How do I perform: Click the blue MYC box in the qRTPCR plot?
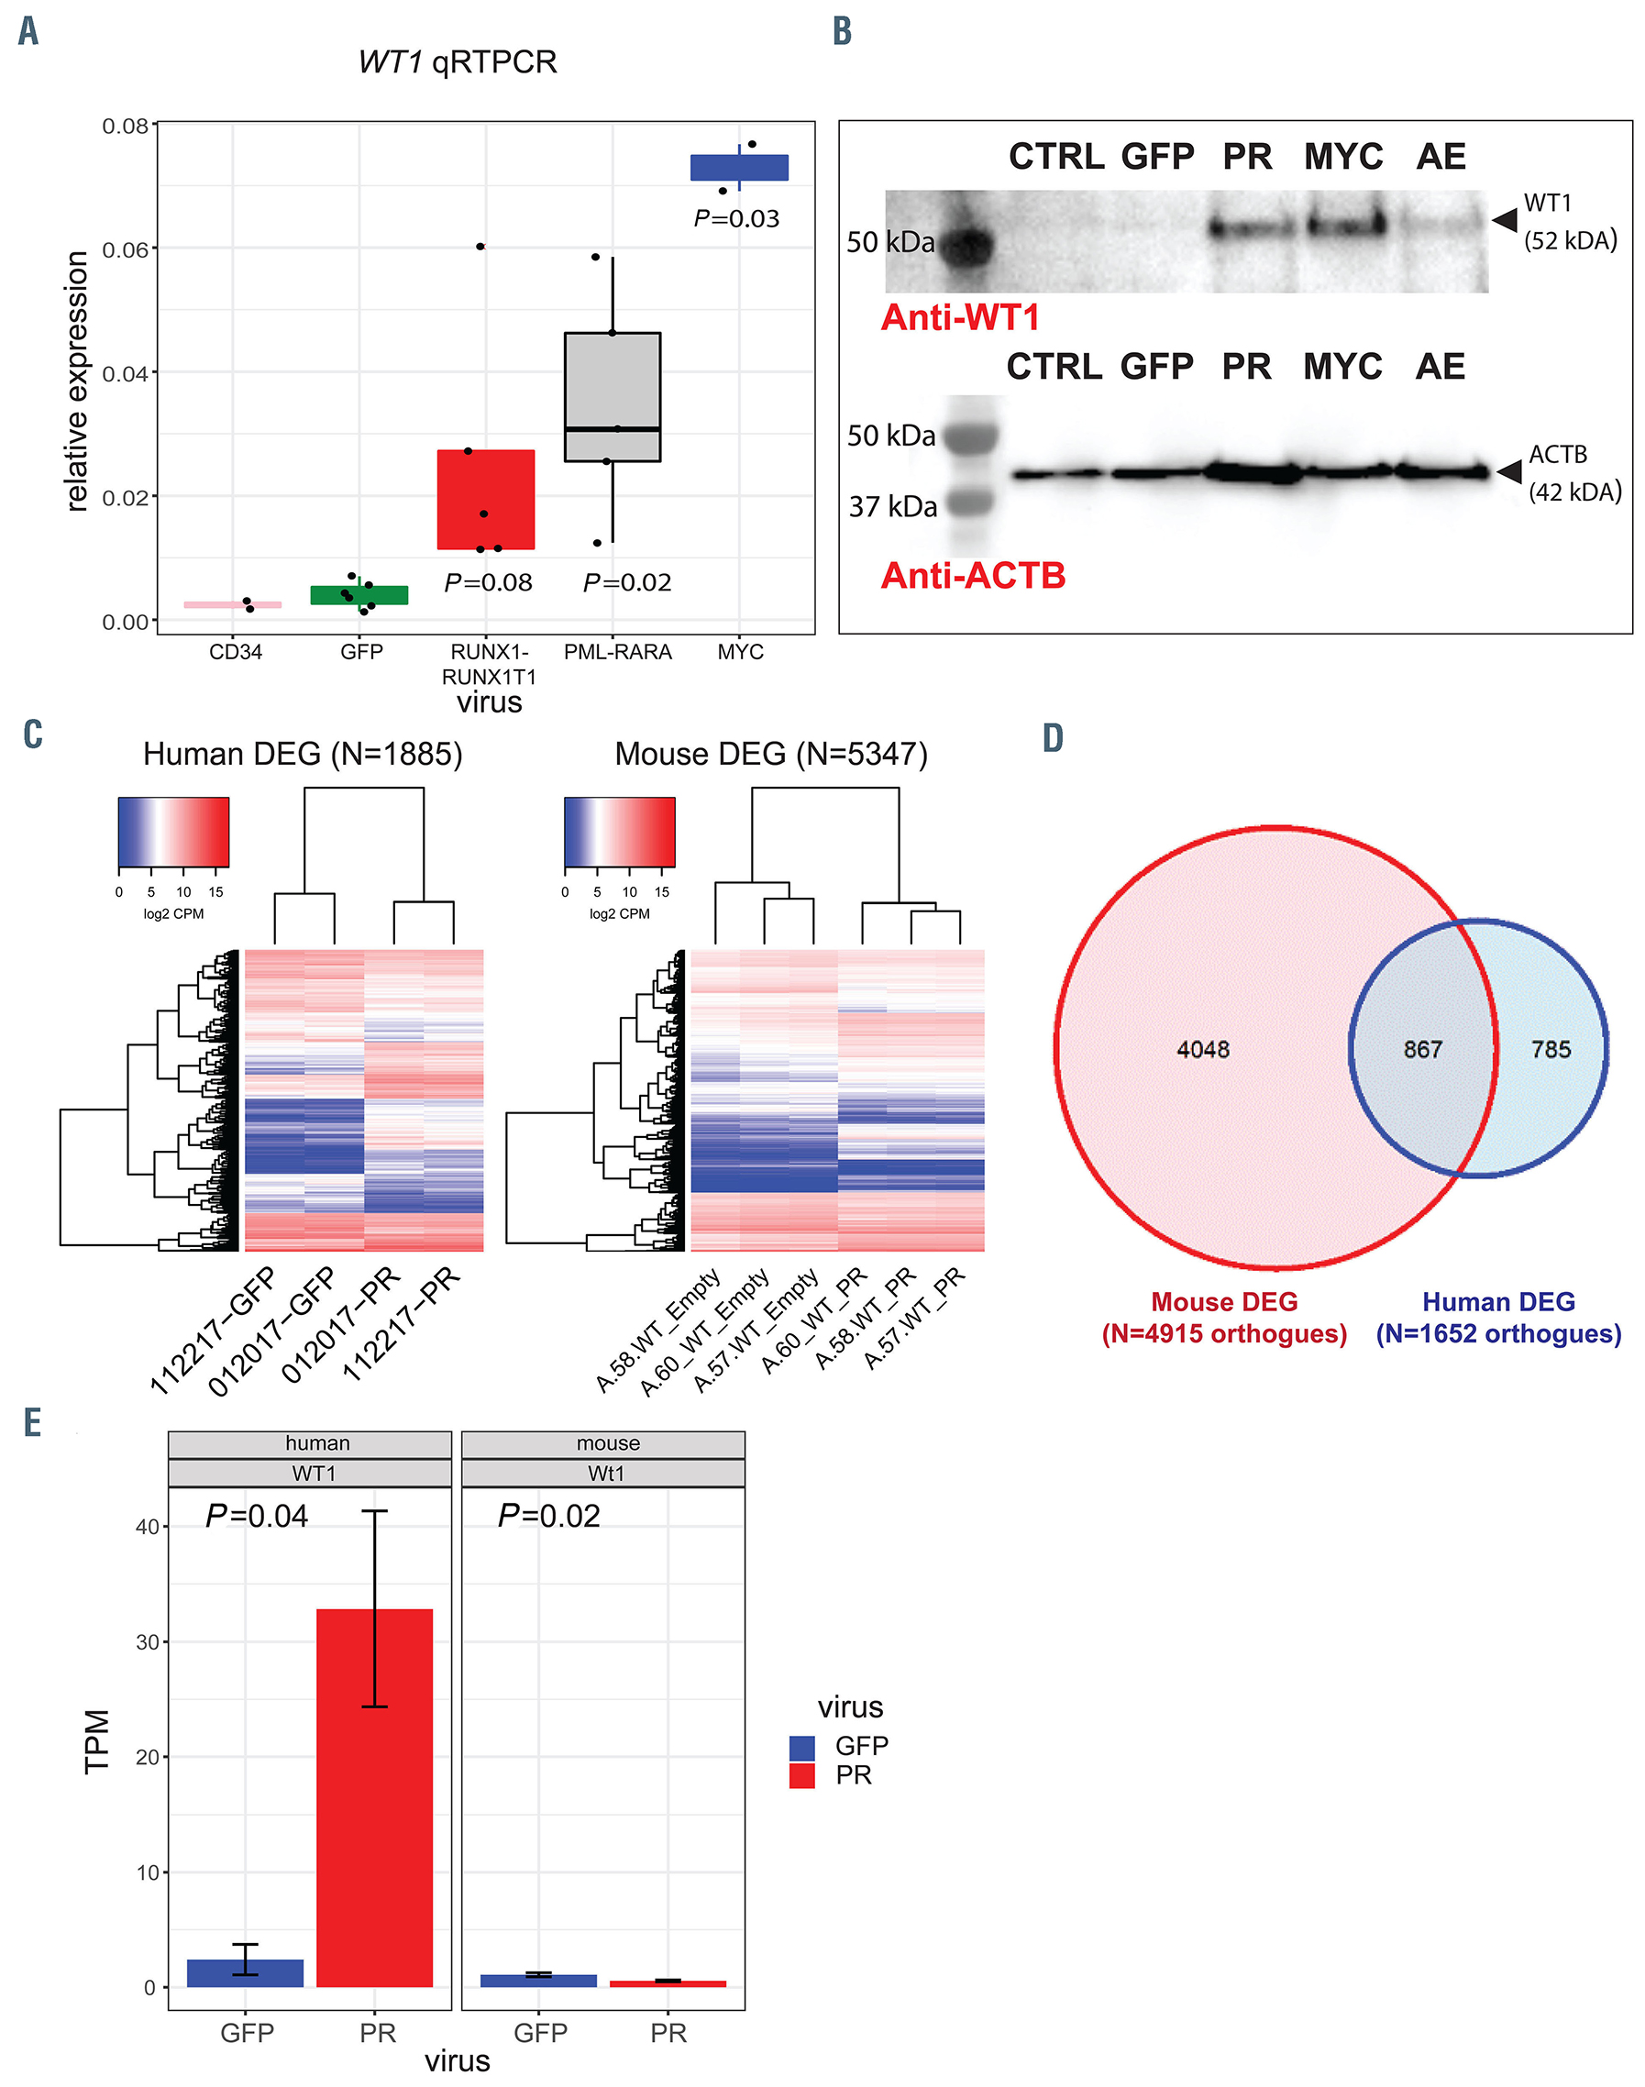pyautogui.click(x=739, y=168)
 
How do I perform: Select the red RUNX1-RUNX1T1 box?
pyautogui.click(x=485, y=499)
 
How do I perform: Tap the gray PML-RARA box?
pyautogui.click(x=613, y=397)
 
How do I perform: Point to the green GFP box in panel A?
pyautogui.click(x=359, y=595)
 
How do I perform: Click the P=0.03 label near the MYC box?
pyautogui.click(x=737, y=218)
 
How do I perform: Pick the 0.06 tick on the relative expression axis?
pyautogui.click(x=126, y=249)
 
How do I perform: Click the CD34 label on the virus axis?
pyautogui.click(x=235, y=652)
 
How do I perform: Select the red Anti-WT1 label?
pyautogui.click(x=960, y=318)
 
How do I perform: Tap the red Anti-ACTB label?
pyautogui.click(x=973, y=576)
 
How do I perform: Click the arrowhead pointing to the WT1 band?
pyautogui.click(x=1506, y=221)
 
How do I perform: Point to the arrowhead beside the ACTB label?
pyautogui.click(x=1509, y=471)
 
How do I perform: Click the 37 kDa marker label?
pyautogui.click(x=892, y=506)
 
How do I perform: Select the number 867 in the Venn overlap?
pyautogui.click(x=1422, y=1049)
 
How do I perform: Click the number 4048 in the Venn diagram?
pyautogui.click(x=1203, y=1049)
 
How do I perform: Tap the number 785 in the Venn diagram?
pyautogui.click(x=1551, y=1049)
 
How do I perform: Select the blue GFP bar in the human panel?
pyautogui.click(x=245, y=1972)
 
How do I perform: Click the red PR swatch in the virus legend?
pyautogui.click(x=801, y=1776)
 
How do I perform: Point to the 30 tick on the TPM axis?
pyautogui.click(x=148, y=1642)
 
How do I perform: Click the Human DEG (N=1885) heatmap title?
pyautogui.click(x=303, y=754)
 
